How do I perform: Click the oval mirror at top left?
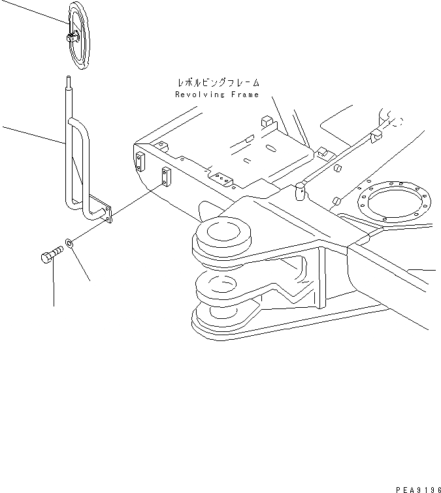point(80,35)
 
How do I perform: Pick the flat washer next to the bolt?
point(69,245)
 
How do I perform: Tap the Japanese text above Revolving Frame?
point(218,83)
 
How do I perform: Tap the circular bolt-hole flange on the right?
point(393,203)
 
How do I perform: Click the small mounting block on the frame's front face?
point(166,175)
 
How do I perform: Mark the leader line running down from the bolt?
point(53,287)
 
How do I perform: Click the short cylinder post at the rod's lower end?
point(300,191)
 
